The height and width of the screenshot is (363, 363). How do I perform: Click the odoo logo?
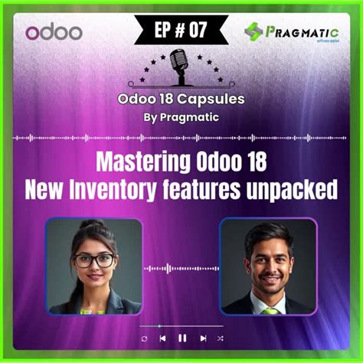click(x=53, y=33)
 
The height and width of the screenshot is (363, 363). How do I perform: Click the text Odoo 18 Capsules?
click(x=181, y=99)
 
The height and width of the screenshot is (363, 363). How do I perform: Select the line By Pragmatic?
click(x=181, y=117)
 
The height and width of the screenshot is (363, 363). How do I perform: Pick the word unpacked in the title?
click(x=294, y=188)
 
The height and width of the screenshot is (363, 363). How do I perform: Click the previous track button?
click(x=162, y=338)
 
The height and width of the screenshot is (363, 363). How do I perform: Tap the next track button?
click(x=203, y=338)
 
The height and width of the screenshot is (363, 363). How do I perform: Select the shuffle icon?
click(x=223, y=338)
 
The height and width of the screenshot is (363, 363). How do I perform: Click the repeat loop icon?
click(x=143, y=338)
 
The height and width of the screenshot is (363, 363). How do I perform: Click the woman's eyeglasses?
click(x=94, y=260)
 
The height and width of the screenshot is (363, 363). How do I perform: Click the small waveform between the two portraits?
click(x=181, y=268)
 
